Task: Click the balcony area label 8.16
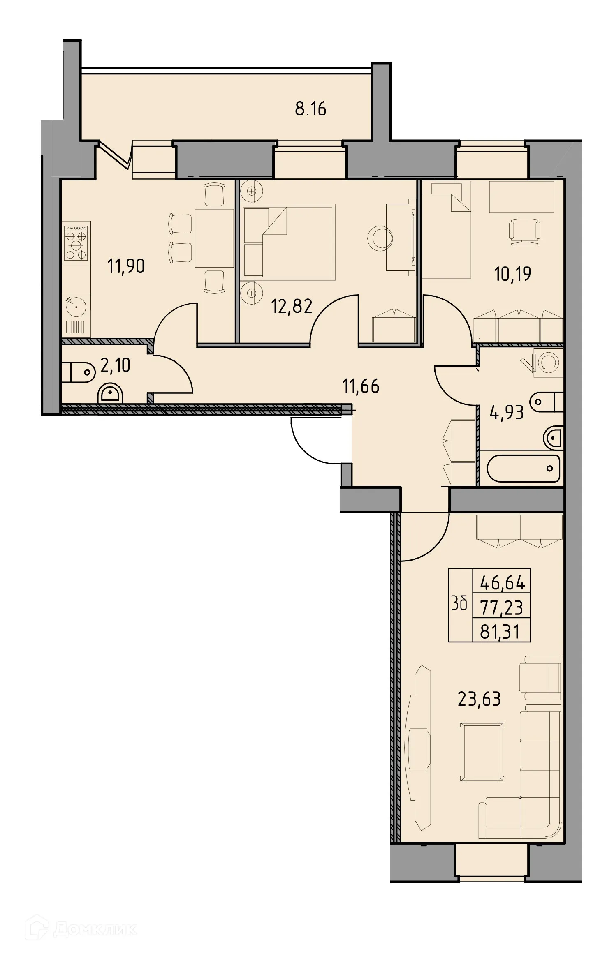pos(310,109)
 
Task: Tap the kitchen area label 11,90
pos(126,266)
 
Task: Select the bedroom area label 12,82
pos(292,306)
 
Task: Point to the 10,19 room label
pos(512,274)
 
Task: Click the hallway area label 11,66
pos(361,386)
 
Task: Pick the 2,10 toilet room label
pos(115,365)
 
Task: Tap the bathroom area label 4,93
pos(506,412)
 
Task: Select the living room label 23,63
pos(479,699)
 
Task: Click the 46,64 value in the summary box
pos(502,583)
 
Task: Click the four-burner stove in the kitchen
pos(76,243)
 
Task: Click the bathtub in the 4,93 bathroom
pos(523,468)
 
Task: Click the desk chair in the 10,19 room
pos(524,231)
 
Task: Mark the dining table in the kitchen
pos(214,238)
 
